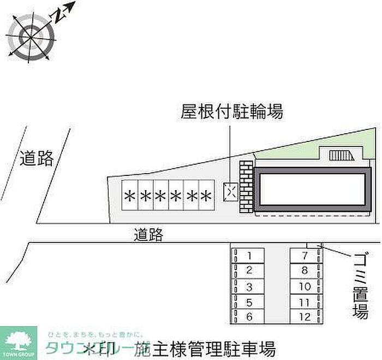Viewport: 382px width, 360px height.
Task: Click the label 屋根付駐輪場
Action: pyautogui.click(x=232, y=112)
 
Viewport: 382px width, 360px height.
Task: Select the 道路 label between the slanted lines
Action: pyautogui.click(x=38, y=158)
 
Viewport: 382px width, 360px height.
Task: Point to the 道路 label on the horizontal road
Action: pyautogui.click(x=148, y=234)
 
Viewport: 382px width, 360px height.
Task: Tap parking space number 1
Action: pyautogui.click(x=249, y=256)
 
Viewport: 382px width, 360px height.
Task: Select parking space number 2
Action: pyautogui.click(x=249, y=270)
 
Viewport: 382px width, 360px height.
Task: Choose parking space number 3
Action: pyautogui.click(x=249, y=286)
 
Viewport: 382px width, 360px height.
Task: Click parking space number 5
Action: pyautogui.click(x=249, y=302)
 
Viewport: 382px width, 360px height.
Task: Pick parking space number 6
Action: pyautogui.click(x=249, y=316)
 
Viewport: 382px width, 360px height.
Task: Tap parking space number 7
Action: pyautogui.click(x=305, y=256)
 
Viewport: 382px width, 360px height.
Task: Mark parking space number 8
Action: pyautogui.click(x=305, y=270)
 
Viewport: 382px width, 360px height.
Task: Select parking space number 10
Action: pyautogui.click(x=305, y=286)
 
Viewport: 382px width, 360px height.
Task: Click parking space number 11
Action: pyautogui.click(x=305, y=302)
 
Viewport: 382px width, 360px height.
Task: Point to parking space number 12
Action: pyautogui.click(x=305, y=316)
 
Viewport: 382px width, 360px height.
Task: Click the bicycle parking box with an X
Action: pyautogui.click(x=230, y=191)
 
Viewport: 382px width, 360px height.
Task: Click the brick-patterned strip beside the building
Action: pyautogui.click(x=247, y=187)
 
